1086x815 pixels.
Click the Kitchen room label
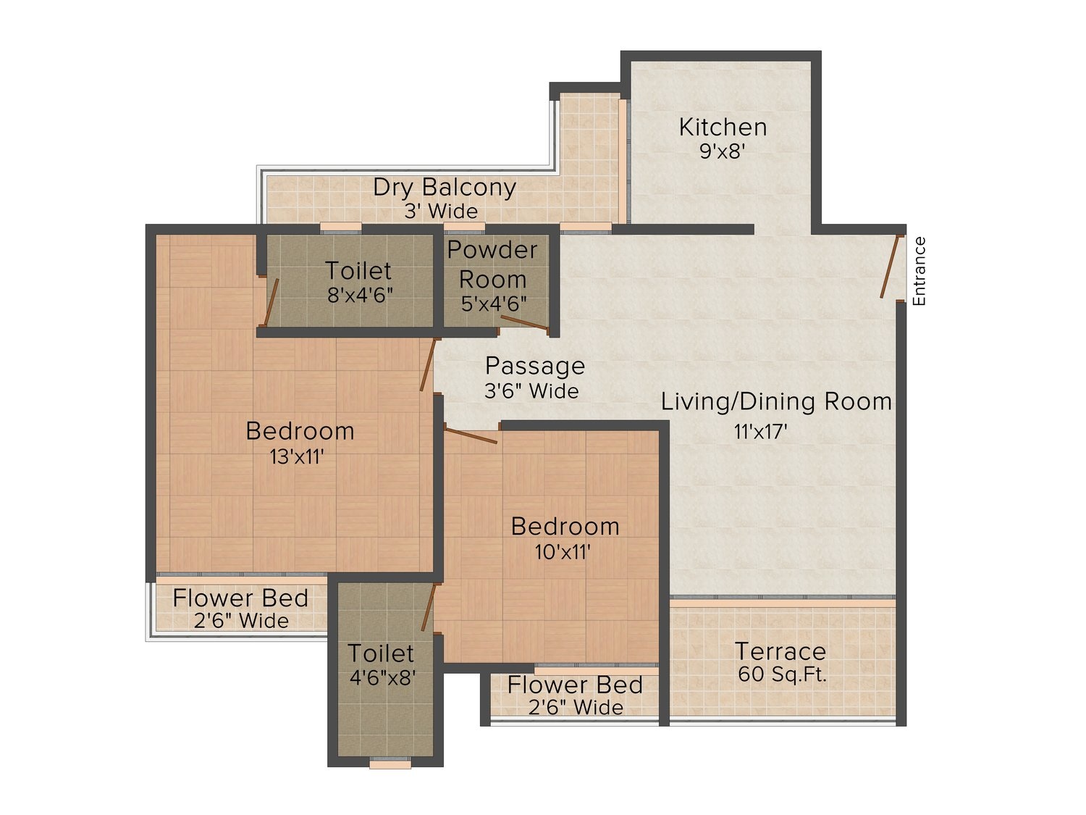(x=723, y=128)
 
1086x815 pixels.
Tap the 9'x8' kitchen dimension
(x=722, y=151)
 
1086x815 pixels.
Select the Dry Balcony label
(x=445, y=188)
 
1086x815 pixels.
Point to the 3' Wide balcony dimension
(x=442, y=212)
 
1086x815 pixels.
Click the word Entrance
(x=918, y=271)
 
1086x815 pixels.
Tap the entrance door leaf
(x=890, y=267)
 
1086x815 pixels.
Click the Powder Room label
(x=492, y=264)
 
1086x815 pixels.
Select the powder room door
(x=524, y=322)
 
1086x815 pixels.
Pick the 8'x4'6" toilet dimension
(x=360, y=296)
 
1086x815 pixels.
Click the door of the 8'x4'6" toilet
(x=271, y=302)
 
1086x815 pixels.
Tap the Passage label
(x=535, y=366)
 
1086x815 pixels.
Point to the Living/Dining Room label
(x=776, y=401)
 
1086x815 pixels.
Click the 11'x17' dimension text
(x=760, y=432)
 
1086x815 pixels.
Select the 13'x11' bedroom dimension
(x=297, y=456)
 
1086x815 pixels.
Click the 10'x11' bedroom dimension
(x=563, y=551)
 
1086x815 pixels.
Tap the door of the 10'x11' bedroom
(x=471, y=436)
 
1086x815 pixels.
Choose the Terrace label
(x=780, y=651)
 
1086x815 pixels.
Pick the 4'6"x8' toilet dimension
(x=382, y=677)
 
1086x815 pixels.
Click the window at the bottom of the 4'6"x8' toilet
(x=390, y=764)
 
